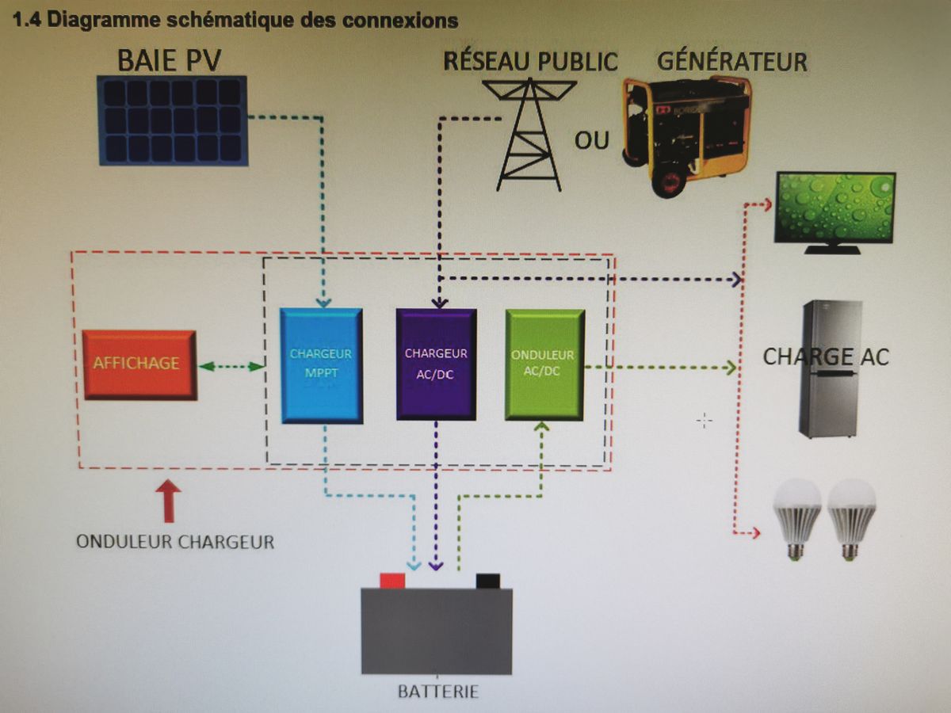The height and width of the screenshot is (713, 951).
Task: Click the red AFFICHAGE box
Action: coord(139,364)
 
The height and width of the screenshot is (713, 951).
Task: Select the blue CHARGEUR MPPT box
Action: coord(321,364)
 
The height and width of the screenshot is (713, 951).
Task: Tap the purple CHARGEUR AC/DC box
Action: coord(436,364)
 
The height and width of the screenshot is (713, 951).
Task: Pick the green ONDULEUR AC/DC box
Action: coord(544,364)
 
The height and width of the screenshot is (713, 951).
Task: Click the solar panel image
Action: coord(173,120)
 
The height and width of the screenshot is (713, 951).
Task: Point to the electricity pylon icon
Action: coord(529,135)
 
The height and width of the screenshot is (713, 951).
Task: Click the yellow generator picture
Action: coord(686,135)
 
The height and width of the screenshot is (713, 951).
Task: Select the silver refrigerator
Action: coord(831,368)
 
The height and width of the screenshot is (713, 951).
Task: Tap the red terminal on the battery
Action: coord(392,581)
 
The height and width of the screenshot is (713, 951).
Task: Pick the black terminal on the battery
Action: coord(488,581)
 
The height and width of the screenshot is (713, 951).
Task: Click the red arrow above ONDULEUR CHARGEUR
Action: coord(168,501)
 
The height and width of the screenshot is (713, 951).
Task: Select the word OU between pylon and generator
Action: coord(592,140)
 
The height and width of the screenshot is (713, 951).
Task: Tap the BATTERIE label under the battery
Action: coord(437,691)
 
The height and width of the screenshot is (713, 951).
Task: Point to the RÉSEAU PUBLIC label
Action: coord(530,61)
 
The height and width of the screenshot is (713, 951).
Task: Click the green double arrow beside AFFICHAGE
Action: coord(231,366)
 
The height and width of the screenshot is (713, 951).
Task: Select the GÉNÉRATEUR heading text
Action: coord(732,61)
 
